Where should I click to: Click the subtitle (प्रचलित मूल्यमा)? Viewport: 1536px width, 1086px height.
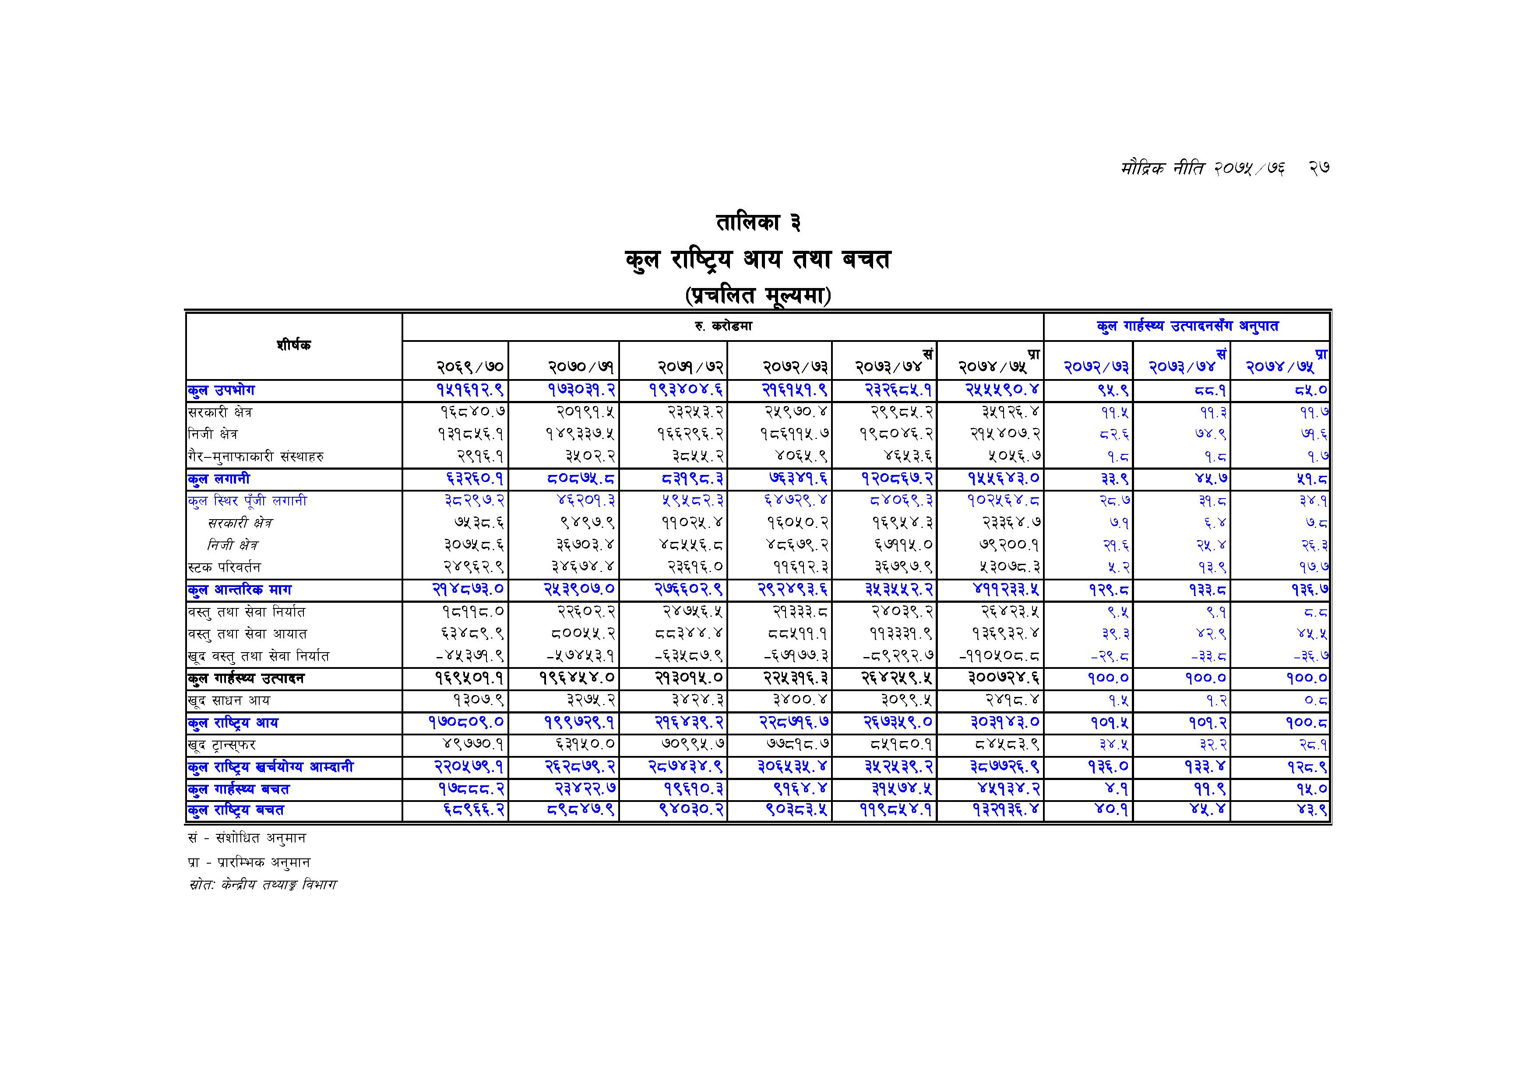[758, 295]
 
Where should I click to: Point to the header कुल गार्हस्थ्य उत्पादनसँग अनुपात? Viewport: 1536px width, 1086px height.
[1187, 327]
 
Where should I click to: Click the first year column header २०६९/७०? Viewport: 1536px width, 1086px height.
[470, 366]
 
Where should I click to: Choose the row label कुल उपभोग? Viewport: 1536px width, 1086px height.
[222, 390]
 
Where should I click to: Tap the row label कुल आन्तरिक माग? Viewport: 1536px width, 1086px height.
[240, 590]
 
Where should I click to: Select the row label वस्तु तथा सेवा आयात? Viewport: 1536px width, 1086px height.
[247, 634]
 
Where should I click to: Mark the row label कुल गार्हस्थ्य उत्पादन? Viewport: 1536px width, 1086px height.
[246, 678]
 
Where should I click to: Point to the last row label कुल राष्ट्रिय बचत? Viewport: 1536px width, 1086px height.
[236, 811]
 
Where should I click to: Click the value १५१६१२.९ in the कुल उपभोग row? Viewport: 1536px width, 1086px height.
[470, 390]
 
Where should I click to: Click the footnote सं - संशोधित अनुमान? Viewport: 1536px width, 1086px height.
[247, 838]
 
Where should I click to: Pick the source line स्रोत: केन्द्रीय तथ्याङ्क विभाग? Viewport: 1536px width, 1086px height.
[263, 885]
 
